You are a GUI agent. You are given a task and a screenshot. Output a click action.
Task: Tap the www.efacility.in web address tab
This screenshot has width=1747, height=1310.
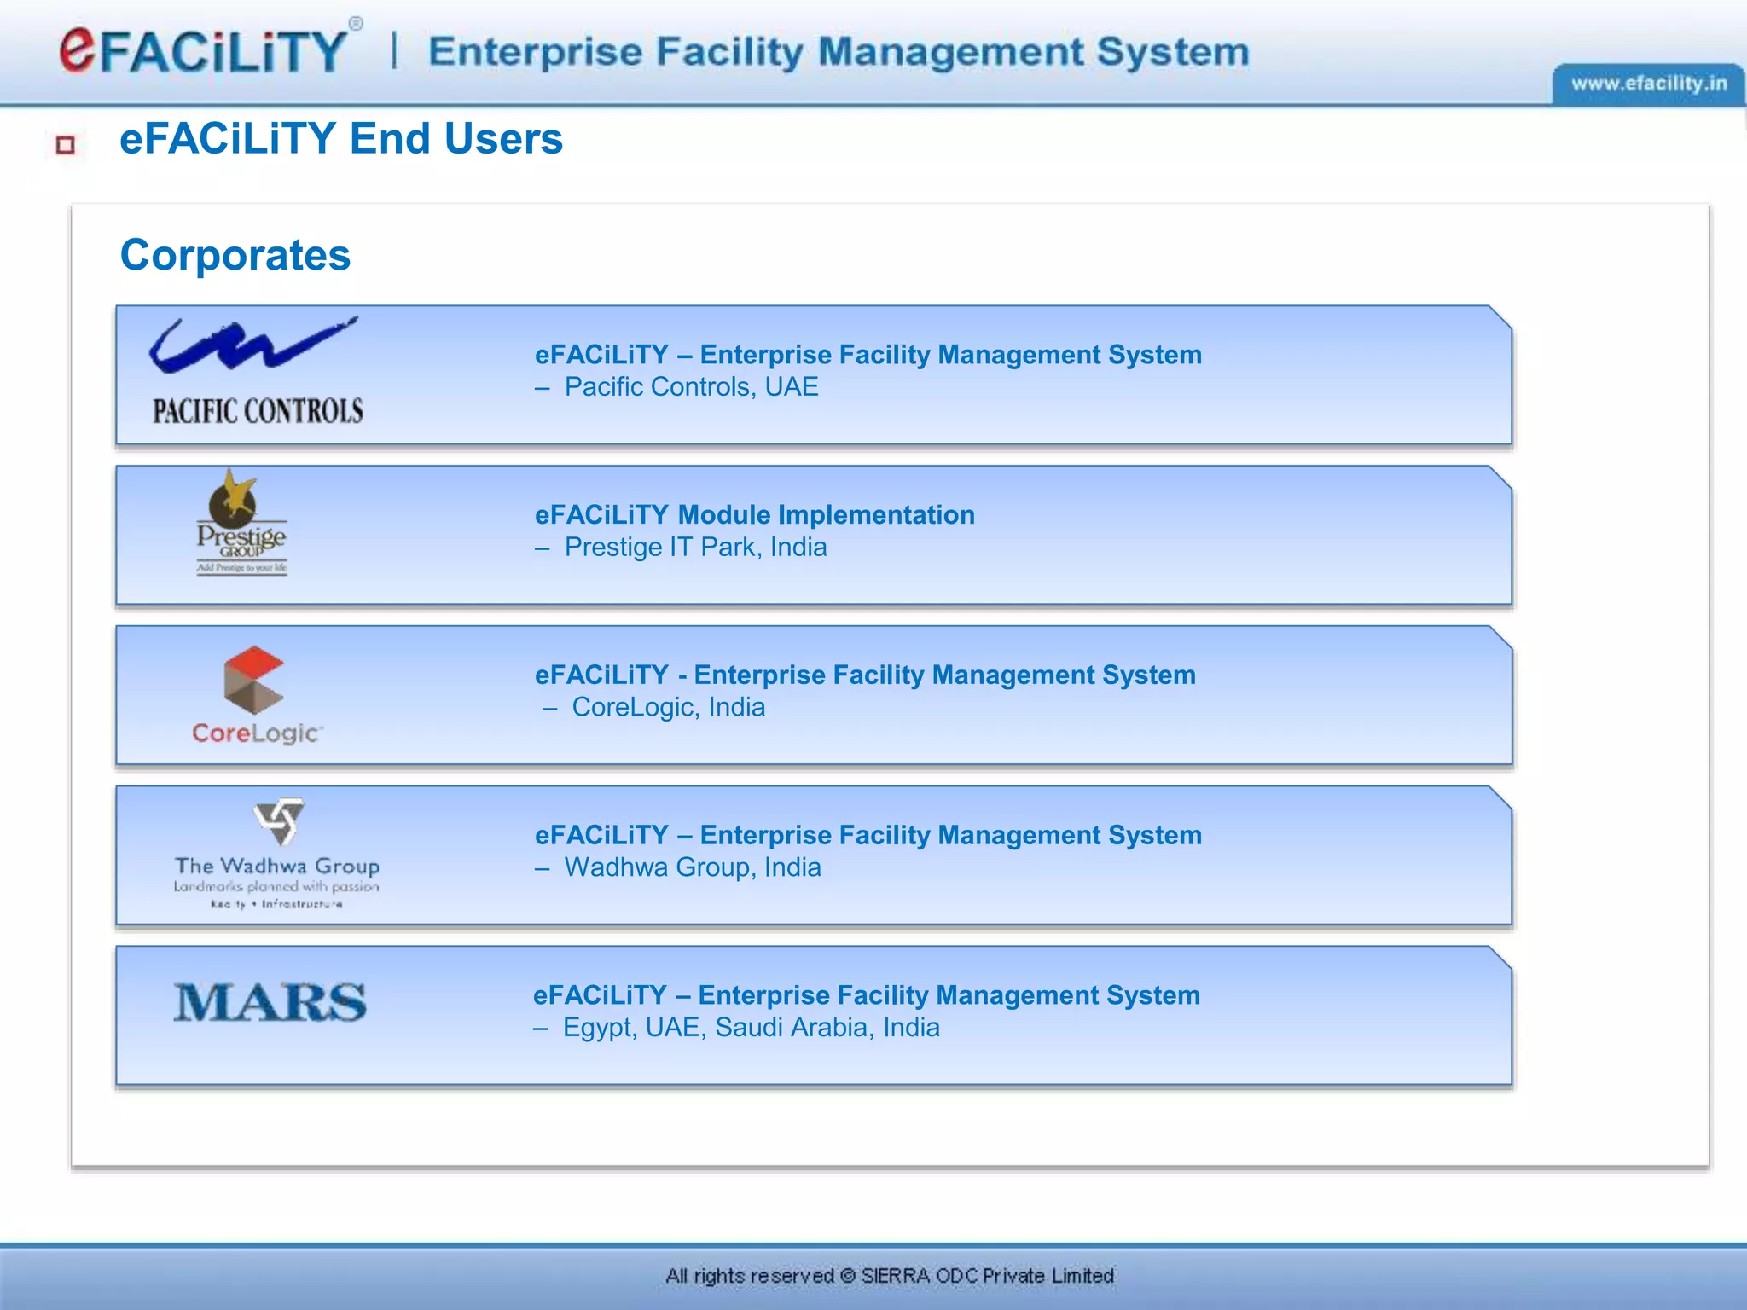click(x=1648, y=84)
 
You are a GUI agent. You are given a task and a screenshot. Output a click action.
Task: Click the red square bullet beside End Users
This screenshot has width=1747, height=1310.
click(x=66, y=145)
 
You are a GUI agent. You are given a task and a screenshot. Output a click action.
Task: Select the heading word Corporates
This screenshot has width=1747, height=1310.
click(x=235, y=255)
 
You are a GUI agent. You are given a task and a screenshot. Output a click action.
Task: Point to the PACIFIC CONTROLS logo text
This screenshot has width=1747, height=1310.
click(x=258, y=411)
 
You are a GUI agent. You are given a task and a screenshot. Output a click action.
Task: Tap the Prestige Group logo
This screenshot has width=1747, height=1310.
click(x=241, y=523)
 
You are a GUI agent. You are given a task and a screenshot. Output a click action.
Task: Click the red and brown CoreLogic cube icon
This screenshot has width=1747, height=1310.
click(x=253, y=680)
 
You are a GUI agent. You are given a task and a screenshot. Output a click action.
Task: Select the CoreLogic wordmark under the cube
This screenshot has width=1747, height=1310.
click(x=257, y=733)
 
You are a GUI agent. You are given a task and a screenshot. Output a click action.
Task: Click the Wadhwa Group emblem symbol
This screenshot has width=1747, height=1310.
click(x=278, y=821)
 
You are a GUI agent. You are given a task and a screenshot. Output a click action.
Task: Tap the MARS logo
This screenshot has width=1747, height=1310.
click(x=270, y=1002)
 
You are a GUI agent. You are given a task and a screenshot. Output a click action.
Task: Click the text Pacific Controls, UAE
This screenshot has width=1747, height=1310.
click(x=691, y=387)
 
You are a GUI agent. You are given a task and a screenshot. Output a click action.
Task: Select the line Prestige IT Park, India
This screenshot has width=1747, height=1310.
click(x=695, y=548)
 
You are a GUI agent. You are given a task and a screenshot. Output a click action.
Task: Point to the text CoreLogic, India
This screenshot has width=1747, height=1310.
click(x=668, y=708)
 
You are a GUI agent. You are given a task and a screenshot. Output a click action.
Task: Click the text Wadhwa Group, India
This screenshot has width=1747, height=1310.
click(x=693, y=867)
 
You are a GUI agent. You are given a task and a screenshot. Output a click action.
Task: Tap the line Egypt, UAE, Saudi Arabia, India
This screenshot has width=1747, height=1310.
click(x=751, y=1028)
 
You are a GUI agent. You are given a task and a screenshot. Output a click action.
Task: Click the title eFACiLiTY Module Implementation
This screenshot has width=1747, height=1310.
click(x=754, y=515)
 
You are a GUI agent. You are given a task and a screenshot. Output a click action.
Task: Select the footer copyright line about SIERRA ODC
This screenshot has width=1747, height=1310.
click(x=890, y=1276)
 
